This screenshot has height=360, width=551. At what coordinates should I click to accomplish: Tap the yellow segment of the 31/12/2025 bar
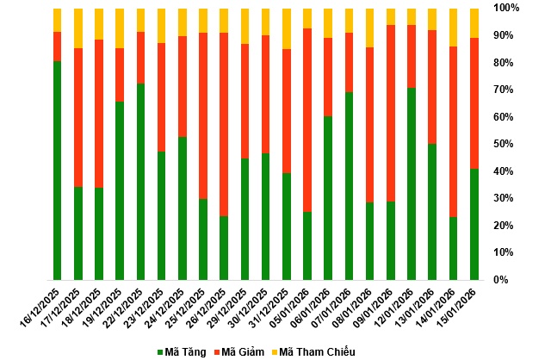[287, 28]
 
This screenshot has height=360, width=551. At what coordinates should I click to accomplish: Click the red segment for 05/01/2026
[307, 120]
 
